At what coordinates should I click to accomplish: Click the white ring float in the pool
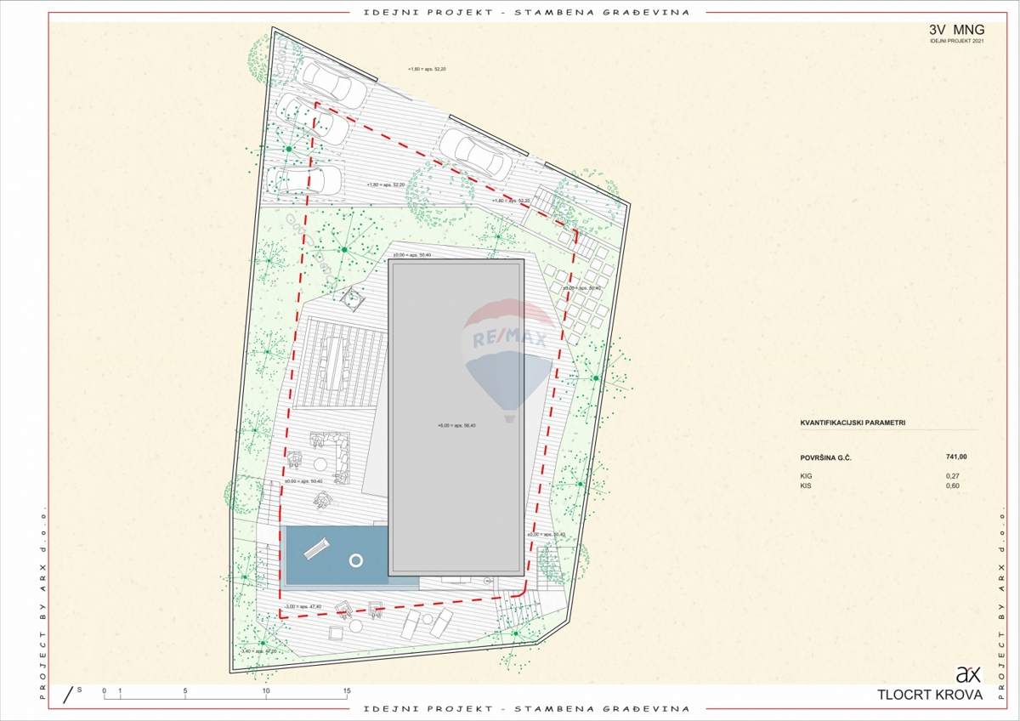[356, 559]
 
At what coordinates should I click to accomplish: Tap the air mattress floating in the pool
[314, 548]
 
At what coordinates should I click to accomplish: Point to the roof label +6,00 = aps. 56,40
[456, 425]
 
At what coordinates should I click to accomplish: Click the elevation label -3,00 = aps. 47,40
[303, 607]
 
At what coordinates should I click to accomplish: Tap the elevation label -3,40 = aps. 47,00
[259, 650]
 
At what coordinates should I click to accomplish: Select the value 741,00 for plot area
[955, 458]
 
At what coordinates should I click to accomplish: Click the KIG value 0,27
[953, 476]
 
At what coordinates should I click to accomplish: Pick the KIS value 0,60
[953, 485]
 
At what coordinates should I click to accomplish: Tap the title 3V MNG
[956, 30]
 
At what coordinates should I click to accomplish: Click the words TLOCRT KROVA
[930, 695]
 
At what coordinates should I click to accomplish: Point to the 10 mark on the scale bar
[266, 691]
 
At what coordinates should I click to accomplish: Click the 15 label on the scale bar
[347, 691]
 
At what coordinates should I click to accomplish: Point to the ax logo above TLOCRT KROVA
[968, 675]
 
